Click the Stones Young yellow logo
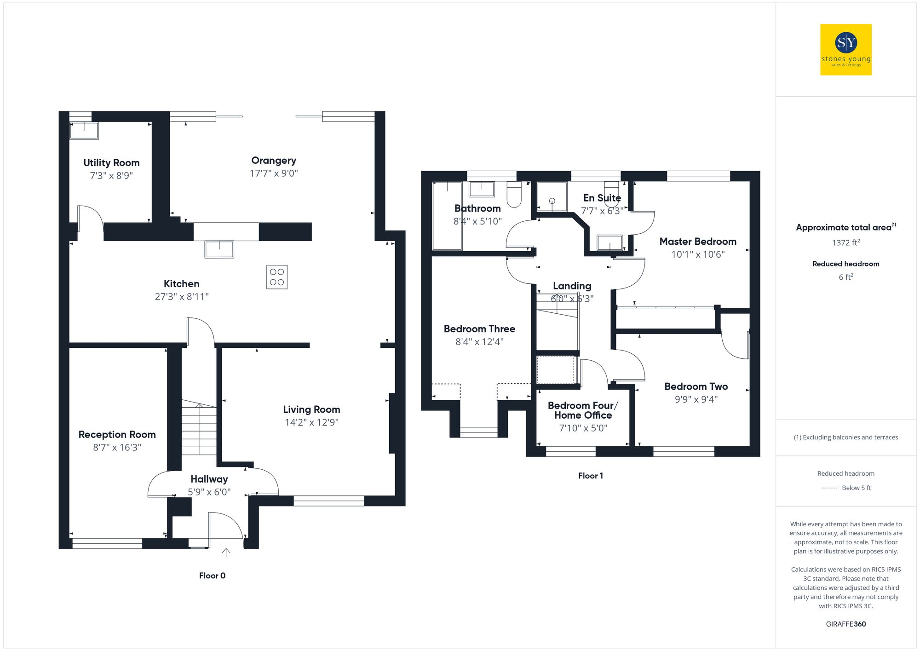tap(845, 50)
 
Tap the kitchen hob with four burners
tap(276, 277)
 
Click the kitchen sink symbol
tap(219, 249)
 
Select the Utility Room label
tap(111, 163)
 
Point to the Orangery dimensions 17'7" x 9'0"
tap(274, 173)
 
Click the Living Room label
tap(311, 409)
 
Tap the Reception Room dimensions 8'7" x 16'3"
tap(117, 447)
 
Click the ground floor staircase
tap(199, 428)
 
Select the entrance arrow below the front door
tap(226, 552)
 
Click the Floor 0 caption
tap(212, 576)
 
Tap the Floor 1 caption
tap(590, 476)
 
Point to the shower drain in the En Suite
tap(552, 201)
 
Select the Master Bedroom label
tap(697, 242)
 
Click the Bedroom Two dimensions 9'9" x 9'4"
tap(696, 399)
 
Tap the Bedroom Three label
tap(479, 329)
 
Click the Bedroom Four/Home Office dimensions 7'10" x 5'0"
tap(583, 428)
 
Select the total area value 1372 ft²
tap(845, 242)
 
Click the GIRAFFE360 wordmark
tap(845, 624)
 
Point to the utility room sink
tap(84, 130)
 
